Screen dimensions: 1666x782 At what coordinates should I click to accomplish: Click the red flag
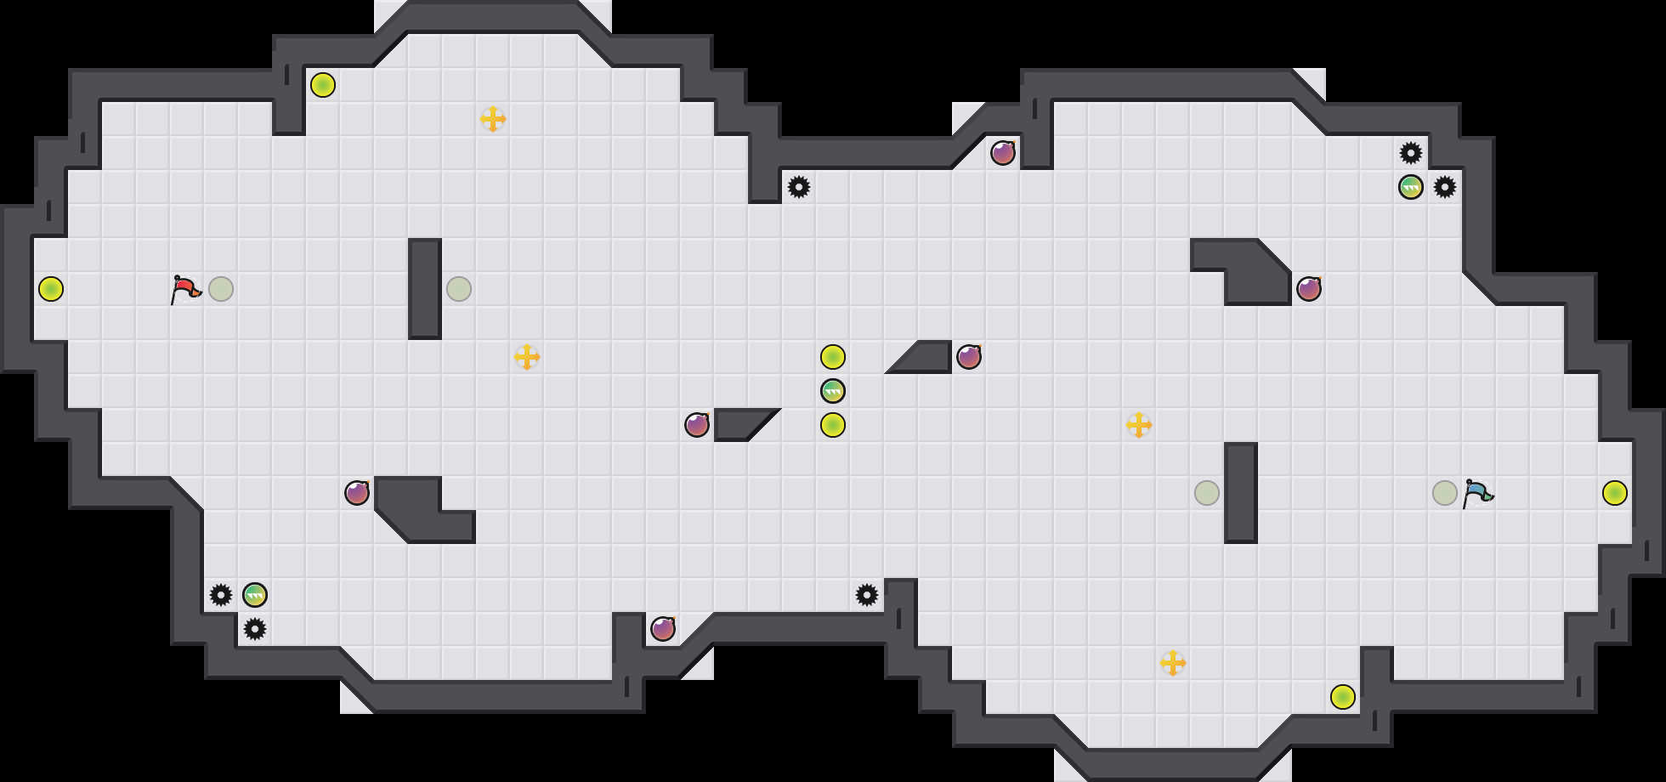pyautogui.click(x=185, y=289)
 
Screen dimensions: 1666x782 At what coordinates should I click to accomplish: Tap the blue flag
pyautogui.click(x=1477, y=493)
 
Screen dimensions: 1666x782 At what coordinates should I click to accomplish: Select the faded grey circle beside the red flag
pyautogui.click(x=221, y=289)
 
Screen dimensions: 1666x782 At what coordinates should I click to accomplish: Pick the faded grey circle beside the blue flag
pyautogui.click(x=1445, y=493)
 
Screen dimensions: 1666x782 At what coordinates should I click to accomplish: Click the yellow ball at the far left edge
pyautogui.click(x=51, y=289)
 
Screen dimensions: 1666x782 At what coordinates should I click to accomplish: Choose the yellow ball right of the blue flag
pyautogui.click(x=1615, y=493)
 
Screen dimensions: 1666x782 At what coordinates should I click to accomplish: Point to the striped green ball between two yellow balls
pyautogui.click(x=833, y=391)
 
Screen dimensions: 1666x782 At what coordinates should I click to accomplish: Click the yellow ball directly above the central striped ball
pyautogui.click(x=833, y=357)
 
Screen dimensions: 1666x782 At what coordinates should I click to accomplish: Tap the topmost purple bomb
pyautogui.click(x=1003, y=153)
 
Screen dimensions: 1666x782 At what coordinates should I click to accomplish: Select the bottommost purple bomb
pyautogui.click(x=663, y=629)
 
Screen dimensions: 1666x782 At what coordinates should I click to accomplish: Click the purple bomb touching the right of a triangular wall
pyautogui.click(x=969, y=357)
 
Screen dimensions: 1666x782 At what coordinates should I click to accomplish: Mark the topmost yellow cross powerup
pyautogui.click(x=493, y=119)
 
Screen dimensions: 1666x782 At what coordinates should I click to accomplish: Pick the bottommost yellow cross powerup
pyautogui.click(x=1173, y=663)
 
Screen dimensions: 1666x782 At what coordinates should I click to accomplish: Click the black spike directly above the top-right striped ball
pyautogui.click(x=1411, y=153)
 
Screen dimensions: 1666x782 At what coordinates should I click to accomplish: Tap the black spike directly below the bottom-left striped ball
pyautogui.click(x=255, y=629)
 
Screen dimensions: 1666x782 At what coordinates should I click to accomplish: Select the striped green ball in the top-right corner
pyautogui.click(x=1411, y=187)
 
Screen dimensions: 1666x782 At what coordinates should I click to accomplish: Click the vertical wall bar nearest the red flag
pyautogui.click(x=425, y=289)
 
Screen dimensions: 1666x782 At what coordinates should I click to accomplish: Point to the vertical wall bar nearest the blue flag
pyautogui.click(x=1241, y=493)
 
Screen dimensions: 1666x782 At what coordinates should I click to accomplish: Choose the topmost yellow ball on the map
pyautogui.click(x=323, y=85)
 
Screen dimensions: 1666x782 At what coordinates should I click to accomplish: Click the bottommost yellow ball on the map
pyautogui.click(x=1343, y=697)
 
